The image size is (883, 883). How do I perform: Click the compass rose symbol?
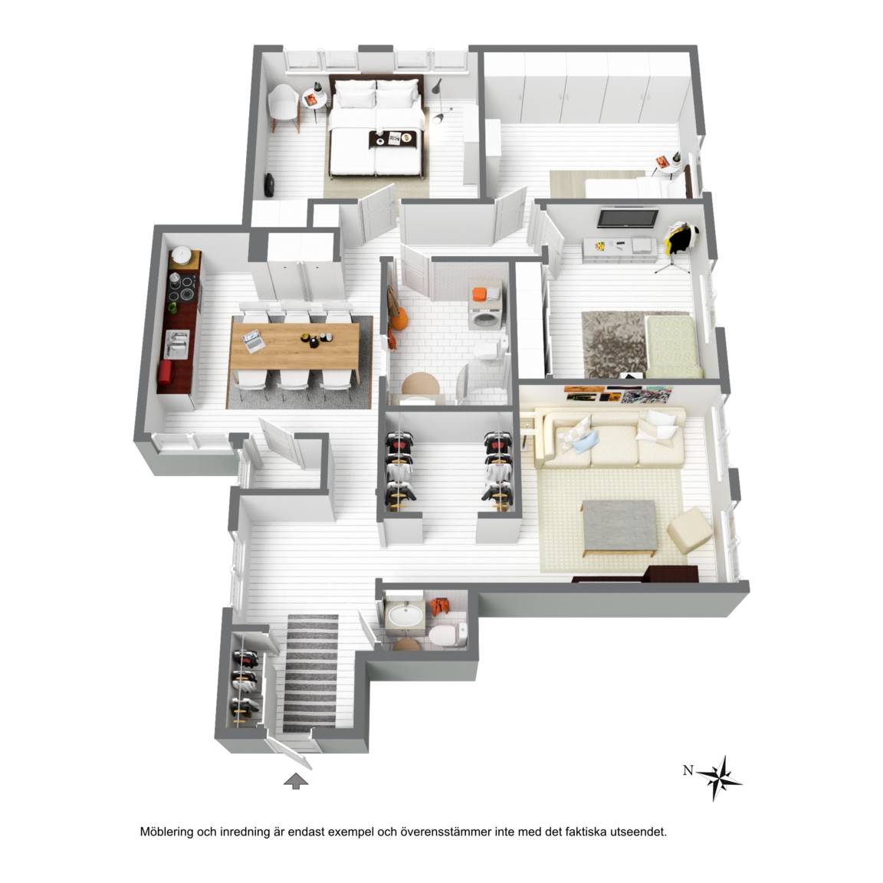(x=718, y=778)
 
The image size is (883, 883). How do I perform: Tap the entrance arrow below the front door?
(x=296, y=781)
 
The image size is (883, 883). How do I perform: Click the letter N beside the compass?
(x=688, y=770)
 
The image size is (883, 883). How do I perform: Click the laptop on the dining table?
(x=254, y=340)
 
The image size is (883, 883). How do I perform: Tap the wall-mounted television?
(x=627, y=218)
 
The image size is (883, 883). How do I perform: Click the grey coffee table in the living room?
(x=619, y=527)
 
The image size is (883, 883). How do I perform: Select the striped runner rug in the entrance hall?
(x=311, y=674)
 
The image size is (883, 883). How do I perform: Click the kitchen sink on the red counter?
(x=177, y=343)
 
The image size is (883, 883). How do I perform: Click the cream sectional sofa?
(x=608, y=437)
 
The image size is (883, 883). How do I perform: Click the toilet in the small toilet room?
(x=448, y=634)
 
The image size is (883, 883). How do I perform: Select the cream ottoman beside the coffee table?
(x=691, y=530)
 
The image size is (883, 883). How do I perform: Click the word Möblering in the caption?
(x=166, y=831)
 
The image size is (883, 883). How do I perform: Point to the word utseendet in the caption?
(x=640, y=831)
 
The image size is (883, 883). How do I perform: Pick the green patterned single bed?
(x=673, y=346)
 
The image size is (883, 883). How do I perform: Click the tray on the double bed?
(x=393, y=137)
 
